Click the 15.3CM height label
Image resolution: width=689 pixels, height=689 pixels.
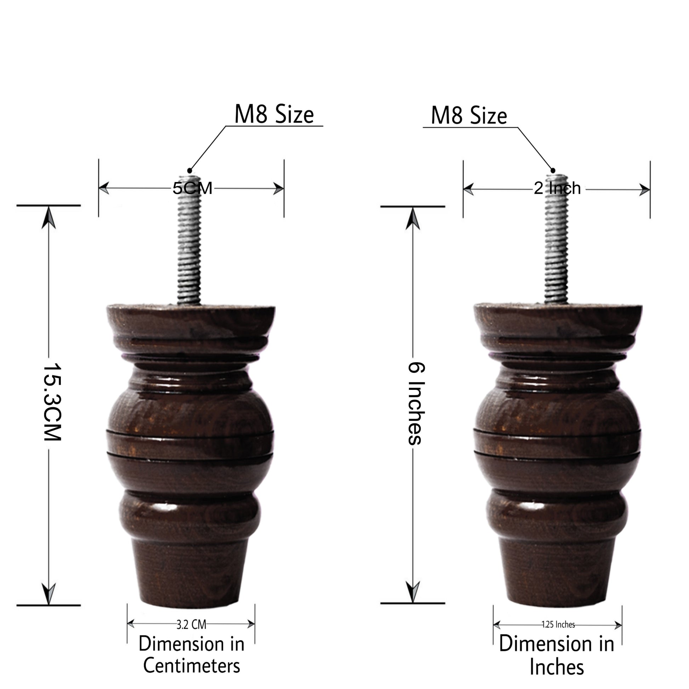click(52, 402)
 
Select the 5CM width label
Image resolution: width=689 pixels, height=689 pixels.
click(193, 188)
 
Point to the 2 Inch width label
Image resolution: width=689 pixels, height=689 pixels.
click(557, 188)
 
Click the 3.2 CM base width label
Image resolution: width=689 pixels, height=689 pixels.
click(191, 625)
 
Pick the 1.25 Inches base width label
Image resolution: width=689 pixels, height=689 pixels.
click(558, 625)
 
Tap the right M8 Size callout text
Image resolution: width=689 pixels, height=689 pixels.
click(469, 115)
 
